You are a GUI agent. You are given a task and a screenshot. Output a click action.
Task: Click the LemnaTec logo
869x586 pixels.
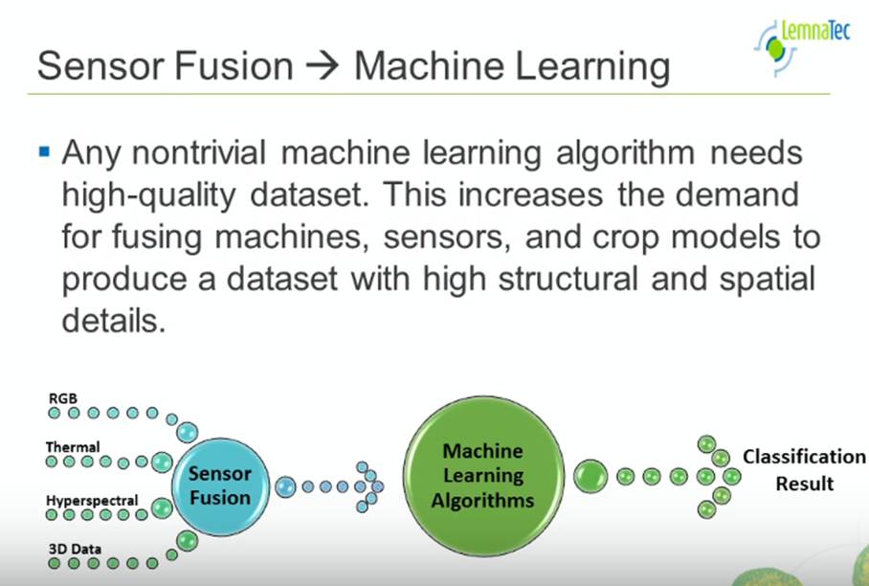(801, 42)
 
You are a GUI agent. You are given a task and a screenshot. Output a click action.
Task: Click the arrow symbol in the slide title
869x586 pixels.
(323, 67)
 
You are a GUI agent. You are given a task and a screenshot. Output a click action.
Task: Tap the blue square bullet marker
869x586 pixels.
(43, 151)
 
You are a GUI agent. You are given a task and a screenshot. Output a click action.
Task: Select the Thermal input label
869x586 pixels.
(73, 446)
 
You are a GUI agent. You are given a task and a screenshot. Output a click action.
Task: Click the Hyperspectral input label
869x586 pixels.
(92, 500)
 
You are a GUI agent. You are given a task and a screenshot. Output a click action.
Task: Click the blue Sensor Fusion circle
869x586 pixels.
(220, 485)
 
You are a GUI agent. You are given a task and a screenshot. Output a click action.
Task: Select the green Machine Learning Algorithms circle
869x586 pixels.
(482, 475)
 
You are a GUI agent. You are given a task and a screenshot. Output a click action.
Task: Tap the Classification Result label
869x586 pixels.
(804, 470)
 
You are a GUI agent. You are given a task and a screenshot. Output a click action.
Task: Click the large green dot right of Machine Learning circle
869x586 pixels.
(590, 475)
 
